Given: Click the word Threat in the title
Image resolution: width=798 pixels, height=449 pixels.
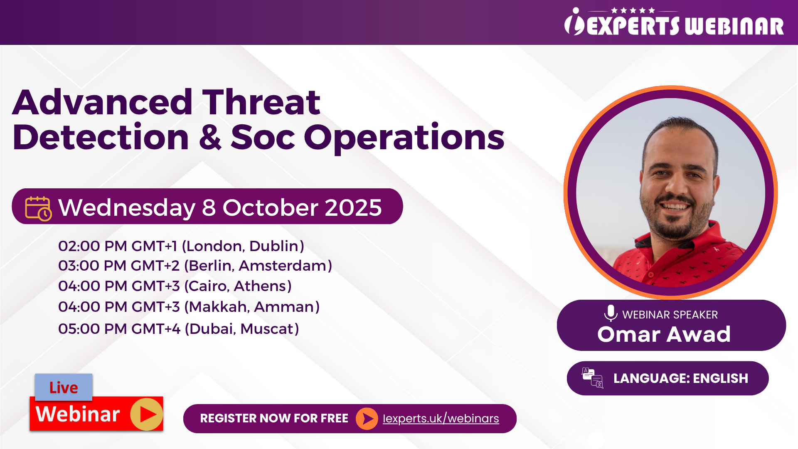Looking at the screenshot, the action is point(261,102).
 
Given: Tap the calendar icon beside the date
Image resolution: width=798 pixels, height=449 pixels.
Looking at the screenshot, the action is point(38,208).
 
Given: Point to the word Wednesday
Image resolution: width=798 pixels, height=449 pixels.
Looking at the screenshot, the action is point(127,208).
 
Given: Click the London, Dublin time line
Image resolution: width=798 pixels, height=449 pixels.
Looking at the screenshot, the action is point(181,246).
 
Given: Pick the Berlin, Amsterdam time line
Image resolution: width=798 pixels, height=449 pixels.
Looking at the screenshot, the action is point(195,266).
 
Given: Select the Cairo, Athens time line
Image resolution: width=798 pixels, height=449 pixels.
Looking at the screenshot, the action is point(175,286).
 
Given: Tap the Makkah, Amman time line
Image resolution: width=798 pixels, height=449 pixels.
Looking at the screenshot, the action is point(189,307).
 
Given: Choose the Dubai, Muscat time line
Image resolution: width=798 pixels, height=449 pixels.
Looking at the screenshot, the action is point(179,329).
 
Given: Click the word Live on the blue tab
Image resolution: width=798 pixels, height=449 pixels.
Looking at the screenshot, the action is point(64,387).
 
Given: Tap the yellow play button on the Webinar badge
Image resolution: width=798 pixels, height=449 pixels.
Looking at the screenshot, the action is point(146,414).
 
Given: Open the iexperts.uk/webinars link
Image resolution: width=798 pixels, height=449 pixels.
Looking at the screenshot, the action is point(441,418).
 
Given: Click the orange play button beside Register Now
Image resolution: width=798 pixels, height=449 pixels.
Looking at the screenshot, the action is point(367,419).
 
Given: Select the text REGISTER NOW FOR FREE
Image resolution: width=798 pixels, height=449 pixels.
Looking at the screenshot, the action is point(274,418).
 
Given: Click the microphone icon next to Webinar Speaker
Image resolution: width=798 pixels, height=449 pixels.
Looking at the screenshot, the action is point(611,313).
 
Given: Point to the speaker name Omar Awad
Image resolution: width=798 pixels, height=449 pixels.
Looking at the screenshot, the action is point(664,334).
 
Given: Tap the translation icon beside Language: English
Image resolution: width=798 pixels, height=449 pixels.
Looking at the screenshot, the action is point(592,378).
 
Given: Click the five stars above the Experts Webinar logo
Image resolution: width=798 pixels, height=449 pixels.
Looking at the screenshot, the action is point(633,10).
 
